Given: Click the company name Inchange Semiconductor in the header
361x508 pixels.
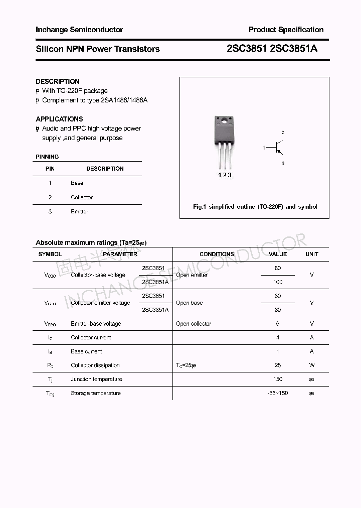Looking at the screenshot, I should point(79,30).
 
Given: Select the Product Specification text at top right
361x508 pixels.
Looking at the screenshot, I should point(286,30).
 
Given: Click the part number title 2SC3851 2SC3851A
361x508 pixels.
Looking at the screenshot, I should point(272,49).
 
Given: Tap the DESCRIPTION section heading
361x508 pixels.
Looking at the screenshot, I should point(58,81).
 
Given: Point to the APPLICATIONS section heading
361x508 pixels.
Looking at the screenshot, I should point(59,119).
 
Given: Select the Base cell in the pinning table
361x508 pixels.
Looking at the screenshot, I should point(77,183).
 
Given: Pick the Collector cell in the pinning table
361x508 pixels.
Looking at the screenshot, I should point(82,197).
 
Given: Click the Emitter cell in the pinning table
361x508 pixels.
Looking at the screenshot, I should point(80,211).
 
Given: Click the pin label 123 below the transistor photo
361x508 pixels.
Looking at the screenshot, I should point(224,175).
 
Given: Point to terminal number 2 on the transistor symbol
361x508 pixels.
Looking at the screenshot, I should point(283,133).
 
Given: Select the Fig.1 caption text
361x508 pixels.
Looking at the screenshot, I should point(255,207).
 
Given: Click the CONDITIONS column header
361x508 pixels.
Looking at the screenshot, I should point(217,255).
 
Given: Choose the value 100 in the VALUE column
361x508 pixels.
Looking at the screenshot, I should point(278,282).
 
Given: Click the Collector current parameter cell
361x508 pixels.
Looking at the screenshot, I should point(91,338).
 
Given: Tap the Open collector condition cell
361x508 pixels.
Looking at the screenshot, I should point(194,324).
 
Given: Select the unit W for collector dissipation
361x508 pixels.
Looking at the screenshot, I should point(311,365).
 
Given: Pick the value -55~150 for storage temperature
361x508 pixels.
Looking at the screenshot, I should point(278,393).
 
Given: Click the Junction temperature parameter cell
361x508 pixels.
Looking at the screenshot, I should point(96,379).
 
